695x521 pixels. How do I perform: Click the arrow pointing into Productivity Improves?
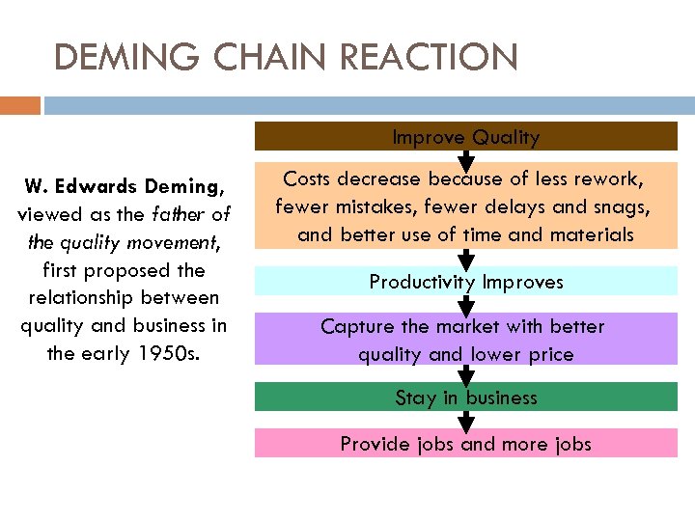click(x=466, y=259)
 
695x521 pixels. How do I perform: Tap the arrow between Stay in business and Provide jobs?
click(x=466, y=421)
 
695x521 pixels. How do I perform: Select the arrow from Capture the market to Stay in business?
click(x=466, y=374)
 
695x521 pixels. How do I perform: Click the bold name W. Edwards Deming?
click(x=125, y=184)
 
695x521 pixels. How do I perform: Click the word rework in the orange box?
click(x=605, y=178)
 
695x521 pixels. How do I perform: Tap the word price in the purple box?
click(x=546, y=354)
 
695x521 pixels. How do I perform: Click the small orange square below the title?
click(x=20, y=104)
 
